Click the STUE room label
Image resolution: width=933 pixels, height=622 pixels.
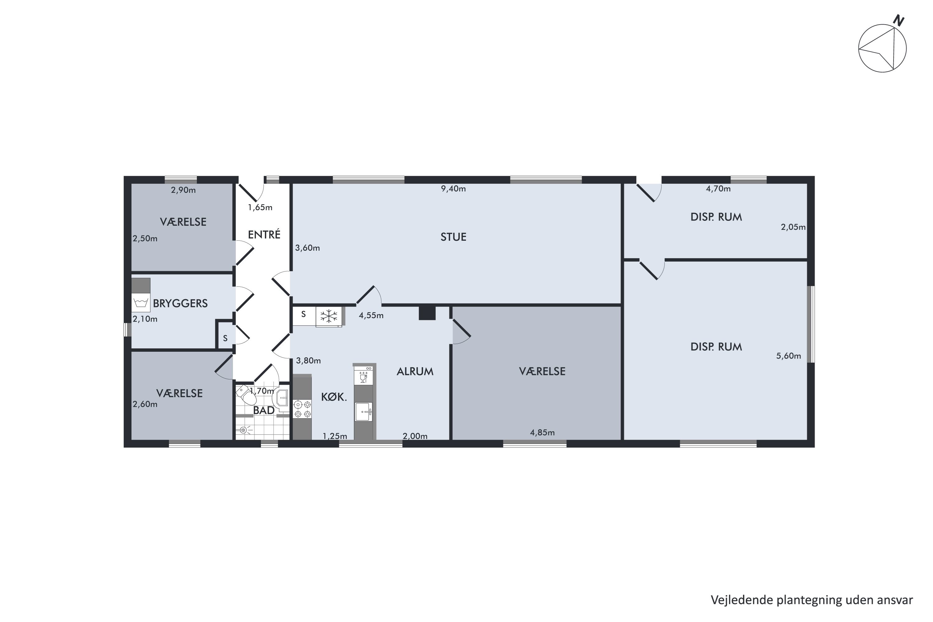[x=453, y=237]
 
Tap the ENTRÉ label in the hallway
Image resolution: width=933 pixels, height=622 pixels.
[x=264, y=234]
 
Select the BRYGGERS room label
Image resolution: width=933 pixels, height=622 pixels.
[x=180, y=304]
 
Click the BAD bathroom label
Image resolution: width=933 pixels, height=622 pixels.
[x=264, y=410]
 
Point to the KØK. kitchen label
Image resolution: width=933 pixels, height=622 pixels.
[x=334, y=397]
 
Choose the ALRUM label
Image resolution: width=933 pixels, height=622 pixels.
[x=415, y=371]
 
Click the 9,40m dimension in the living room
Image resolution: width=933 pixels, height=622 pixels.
[x=453, y=189]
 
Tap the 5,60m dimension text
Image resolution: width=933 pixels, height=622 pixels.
[x=789, y=356]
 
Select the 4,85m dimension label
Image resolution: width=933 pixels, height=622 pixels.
[x=542, y=432]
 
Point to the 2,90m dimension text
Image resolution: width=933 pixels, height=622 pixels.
[x=183, y=190]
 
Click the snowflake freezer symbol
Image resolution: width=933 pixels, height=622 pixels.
[x=329, y=316]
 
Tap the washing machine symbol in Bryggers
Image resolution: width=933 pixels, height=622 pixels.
[x=141, y=303]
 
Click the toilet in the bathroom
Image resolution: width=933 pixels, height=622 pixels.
[x=246, y=394]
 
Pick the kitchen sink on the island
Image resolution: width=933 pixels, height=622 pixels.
[x=363, y=412]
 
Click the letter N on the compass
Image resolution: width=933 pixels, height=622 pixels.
[x=898, y=21]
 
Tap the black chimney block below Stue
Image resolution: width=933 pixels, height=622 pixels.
[x=427, y=313]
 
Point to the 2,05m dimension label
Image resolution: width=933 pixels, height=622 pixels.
[x=793, y=227]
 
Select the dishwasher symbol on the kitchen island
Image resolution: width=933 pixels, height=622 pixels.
[x=363, y=375]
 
